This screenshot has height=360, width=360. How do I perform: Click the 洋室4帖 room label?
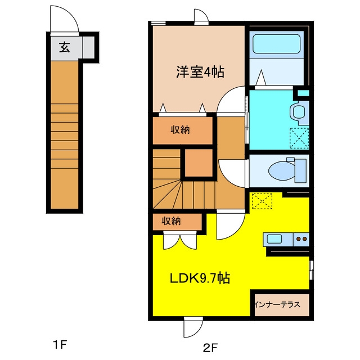coord(200,71)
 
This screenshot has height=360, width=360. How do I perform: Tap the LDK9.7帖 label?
coord(200,278)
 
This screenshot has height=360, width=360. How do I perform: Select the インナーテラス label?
coord(277,304)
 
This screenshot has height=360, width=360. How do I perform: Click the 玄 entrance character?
coord(65,47)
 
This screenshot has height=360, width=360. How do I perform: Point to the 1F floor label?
coord(60,345)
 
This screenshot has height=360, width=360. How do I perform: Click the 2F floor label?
coord(210,348)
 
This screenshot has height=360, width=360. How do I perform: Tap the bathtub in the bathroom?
coord(276,44)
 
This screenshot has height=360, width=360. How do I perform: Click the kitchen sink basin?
coord(274,239)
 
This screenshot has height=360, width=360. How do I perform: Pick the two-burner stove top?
coord(301,239)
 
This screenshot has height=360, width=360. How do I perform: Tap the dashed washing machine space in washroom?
coord(299,138)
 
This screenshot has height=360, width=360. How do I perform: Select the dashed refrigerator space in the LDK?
coord(262,201)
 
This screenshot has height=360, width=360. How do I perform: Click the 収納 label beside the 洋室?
coord(180,130)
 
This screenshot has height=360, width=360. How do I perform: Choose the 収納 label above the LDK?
coord(171,221)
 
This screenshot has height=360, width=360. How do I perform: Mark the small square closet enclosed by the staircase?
coord(199,163)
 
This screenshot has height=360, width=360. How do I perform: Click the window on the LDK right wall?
coord(311,270)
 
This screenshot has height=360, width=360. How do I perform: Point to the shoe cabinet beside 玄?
coord(88,47)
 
